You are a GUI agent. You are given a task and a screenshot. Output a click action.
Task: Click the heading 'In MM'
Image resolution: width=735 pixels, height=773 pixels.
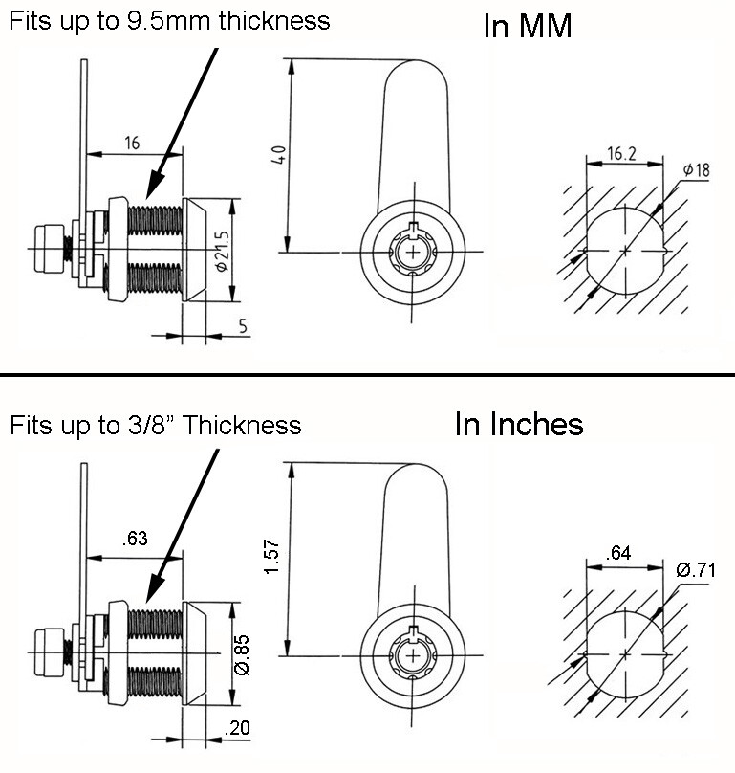(528, 26)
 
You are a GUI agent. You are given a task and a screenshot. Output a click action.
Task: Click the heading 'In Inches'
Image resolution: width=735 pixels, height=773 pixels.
(519, 424)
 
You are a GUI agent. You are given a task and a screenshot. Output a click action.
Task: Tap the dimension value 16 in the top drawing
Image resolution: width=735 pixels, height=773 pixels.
(132, 143)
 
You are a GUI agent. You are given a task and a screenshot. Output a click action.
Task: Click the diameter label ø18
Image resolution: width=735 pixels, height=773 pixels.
(696, 170)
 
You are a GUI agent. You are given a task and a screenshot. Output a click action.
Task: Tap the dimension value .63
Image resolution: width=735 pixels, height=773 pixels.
(134, 538)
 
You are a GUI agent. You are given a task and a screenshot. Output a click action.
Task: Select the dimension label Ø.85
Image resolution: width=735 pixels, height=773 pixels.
(243, 655)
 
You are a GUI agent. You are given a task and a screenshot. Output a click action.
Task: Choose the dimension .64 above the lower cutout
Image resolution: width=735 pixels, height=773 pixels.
(622, 552)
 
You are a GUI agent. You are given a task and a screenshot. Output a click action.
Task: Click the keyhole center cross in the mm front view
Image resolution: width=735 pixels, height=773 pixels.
(412, 253)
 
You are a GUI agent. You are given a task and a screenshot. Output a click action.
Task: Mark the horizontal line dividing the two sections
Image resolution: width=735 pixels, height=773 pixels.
(367, 374)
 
